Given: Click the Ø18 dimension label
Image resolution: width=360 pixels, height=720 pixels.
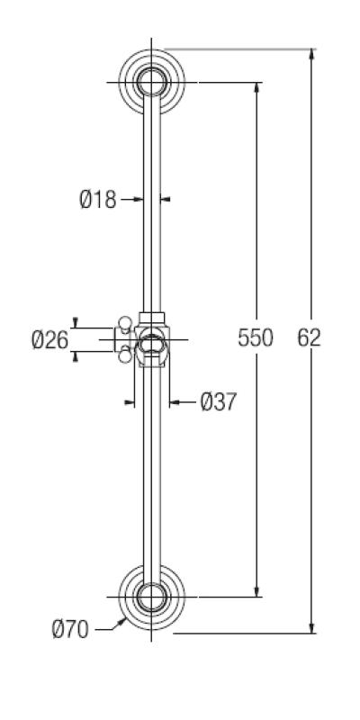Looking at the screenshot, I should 97,200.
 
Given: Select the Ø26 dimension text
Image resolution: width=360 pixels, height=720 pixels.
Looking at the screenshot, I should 49,340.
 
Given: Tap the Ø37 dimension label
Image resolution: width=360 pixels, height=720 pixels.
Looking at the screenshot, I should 218,401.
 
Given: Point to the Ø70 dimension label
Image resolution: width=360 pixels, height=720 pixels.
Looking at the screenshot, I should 70,630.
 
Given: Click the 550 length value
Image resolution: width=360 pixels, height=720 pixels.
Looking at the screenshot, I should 256,338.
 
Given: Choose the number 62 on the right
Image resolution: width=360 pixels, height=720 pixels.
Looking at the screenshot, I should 309,338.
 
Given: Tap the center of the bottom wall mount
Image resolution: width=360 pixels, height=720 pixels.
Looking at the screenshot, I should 152,596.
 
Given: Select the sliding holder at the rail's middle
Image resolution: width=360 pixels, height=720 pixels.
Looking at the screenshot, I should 152,340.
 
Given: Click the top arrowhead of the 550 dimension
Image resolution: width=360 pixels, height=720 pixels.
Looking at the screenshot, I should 258,87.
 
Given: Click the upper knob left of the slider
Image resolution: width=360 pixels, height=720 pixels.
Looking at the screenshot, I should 124,321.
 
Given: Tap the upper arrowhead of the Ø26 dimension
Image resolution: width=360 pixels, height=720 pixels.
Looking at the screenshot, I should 75,323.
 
